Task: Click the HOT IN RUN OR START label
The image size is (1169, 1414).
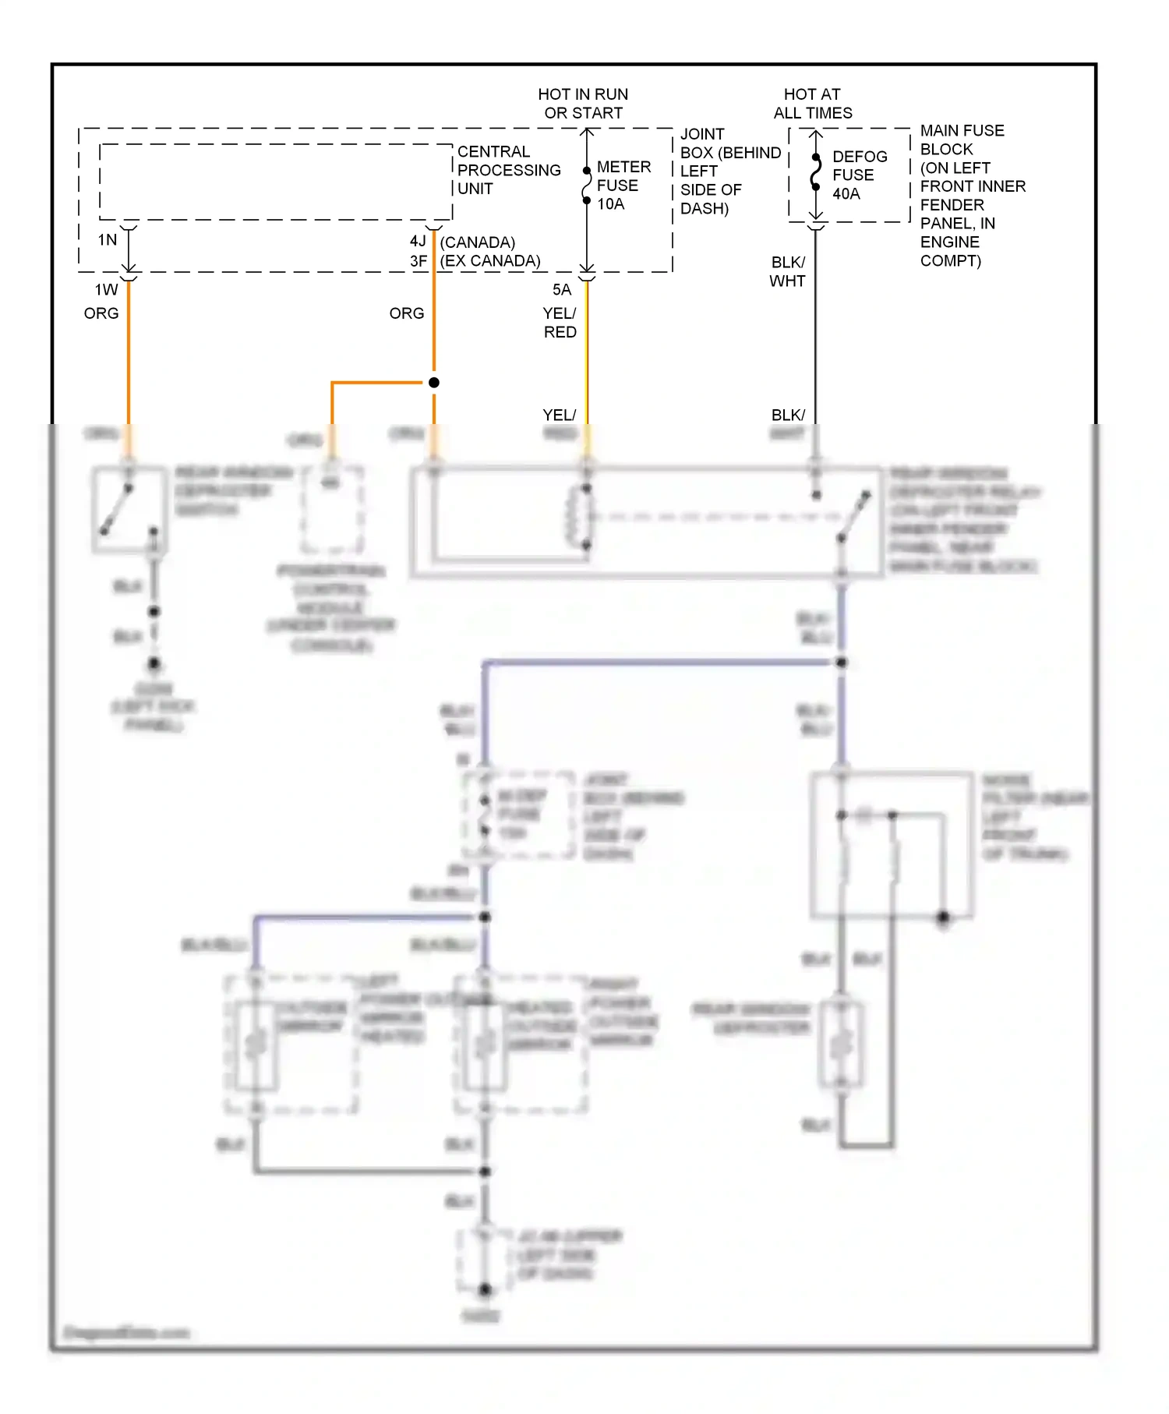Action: pos(583,104)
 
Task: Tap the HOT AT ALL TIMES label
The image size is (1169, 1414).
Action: pos(812,104)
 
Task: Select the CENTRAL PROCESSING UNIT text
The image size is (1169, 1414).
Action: pos(508,170)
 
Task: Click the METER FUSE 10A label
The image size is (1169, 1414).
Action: pos(623,186)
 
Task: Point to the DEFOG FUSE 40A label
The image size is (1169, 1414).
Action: pos(858,175)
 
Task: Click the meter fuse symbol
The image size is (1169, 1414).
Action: pos(587,186)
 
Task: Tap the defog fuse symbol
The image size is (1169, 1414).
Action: pos(815,172)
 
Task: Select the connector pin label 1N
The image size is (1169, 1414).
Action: pos(108,240)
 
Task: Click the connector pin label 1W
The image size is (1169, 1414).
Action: pos(107,290)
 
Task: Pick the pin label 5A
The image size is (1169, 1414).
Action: pos(562,290)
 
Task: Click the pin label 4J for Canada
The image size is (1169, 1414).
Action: pos(419,242)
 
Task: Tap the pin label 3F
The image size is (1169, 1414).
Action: pos(419,261)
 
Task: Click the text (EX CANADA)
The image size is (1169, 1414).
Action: pos(490,261)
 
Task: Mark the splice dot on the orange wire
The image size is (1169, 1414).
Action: pos(434,383)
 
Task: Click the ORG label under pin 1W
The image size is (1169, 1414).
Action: pos(101,313)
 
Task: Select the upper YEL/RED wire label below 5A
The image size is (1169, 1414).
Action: pos(560,323)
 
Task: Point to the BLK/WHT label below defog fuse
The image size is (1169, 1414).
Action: pos(787,272)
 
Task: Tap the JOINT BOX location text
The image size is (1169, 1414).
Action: pos(729,171)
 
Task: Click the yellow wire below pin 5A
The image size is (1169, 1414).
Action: pos(587,359)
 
